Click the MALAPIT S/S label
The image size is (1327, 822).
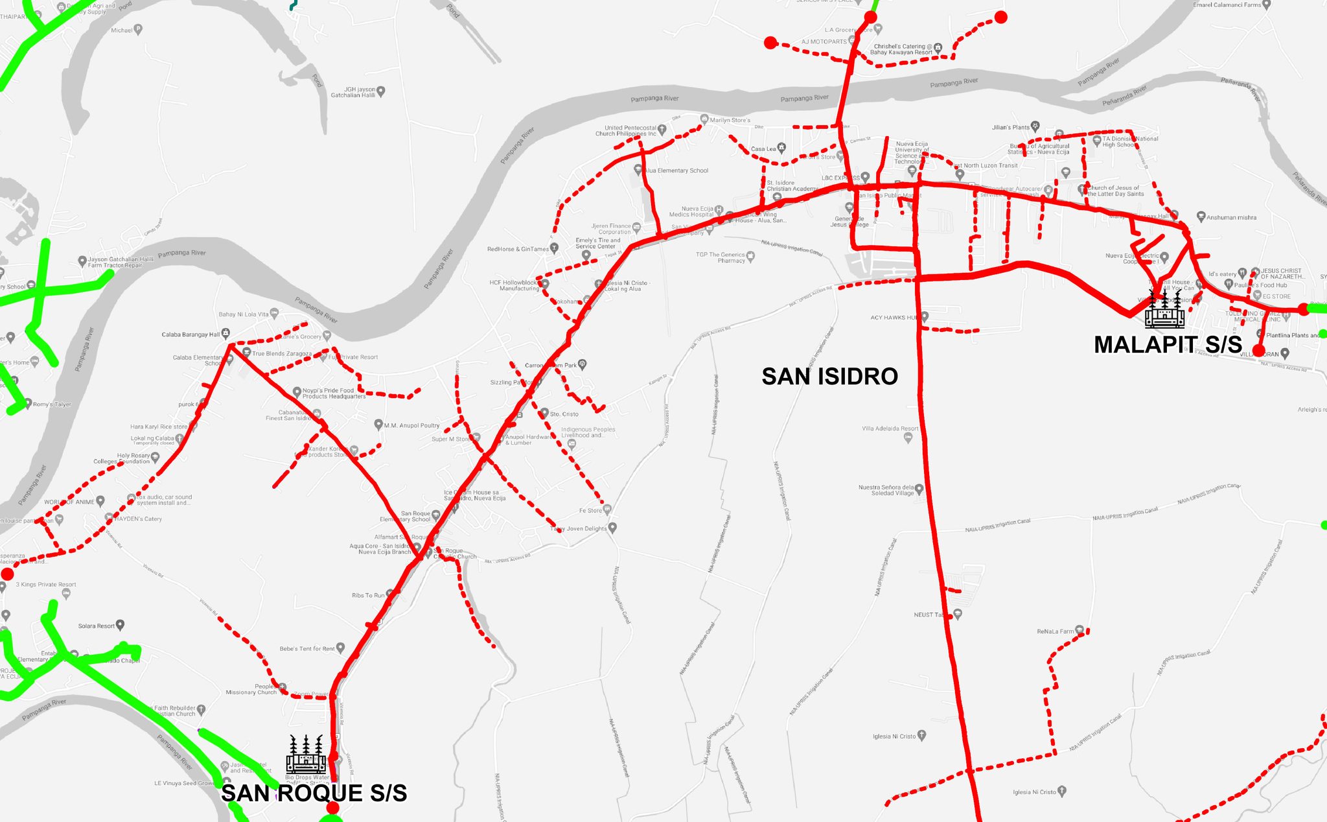click(x=1168, y=344)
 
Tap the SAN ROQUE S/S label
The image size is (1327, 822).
click(x=314, y=793)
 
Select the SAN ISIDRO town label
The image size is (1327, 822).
click(x=829, y=376)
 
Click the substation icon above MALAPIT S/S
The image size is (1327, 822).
click(x=1164, y=310)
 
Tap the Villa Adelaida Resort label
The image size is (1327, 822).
click(x=890, y=429)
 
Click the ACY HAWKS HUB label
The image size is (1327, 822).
click(x=894, y=318)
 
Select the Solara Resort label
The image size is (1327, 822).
click(x=96, y=626)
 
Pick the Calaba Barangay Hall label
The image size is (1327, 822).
click(x=190, y=335)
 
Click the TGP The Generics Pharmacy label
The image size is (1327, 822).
click(x=720, y=257)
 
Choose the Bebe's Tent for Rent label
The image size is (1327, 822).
click(x=307, y=648)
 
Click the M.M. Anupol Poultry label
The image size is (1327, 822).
click(x=411, y=425)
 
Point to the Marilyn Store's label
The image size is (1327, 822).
click(x=730, y=120)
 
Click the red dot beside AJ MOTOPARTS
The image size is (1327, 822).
click(x=770, y=43)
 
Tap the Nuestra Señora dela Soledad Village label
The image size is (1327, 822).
click(x=886, y=490)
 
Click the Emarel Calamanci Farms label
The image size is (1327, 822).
click(x=1227, y=5)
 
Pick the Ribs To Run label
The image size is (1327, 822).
click(x=367, y=595)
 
